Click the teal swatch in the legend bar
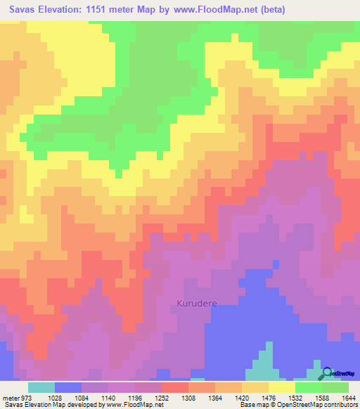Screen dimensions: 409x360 pos(41,387)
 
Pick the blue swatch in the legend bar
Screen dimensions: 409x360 pos(68,387)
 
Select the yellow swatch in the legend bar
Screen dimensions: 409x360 pos(281,387)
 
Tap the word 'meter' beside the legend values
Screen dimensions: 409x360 pos(11,398)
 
